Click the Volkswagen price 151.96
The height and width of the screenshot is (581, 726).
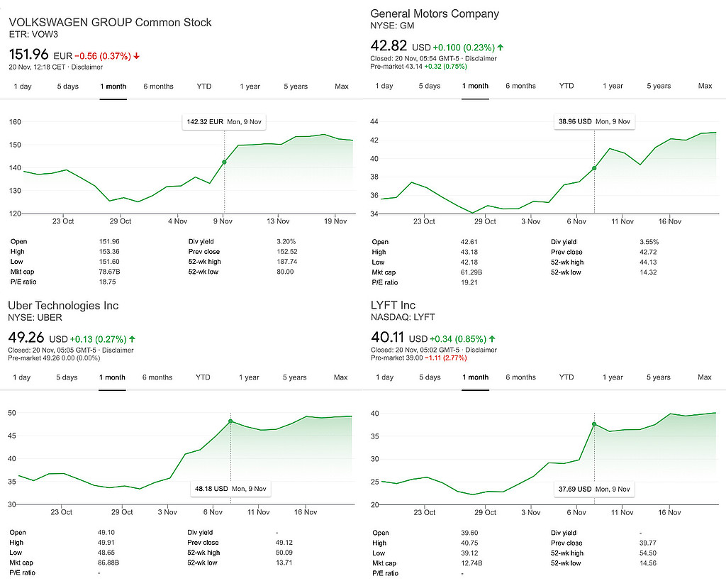tap(29, 54)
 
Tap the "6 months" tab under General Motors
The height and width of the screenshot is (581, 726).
tap(520, 86)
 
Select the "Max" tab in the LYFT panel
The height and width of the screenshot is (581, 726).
tap(704, 377)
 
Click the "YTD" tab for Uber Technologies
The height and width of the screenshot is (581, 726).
tap(203, 377)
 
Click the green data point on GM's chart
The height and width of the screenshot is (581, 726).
tap(594, 168)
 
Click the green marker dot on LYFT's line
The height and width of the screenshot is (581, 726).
tap(594, 424)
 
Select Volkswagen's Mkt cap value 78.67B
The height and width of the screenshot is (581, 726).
tap(110, 272)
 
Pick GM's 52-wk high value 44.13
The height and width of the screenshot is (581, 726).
tap(649, 262)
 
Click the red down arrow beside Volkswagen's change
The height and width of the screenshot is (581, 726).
tap(136, 56)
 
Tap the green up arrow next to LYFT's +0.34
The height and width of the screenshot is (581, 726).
tap(492, 339)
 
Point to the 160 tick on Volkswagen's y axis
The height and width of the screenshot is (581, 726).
tap(14, 122)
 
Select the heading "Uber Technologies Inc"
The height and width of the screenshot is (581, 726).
tap(63, 306)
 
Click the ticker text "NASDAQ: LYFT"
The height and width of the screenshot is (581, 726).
tap(403, 317)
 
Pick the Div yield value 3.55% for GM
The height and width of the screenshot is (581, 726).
tap(649, 242)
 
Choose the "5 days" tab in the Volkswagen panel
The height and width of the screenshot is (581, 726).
tap(68, 87)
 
